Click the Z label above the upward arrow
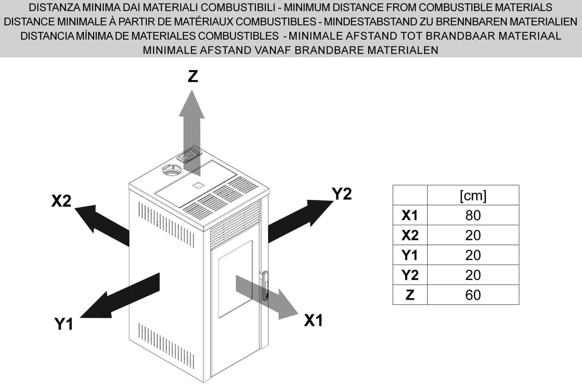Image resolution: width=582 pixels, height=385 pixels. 193,77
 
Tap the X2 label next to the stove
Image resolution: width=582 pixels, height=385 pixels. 61,201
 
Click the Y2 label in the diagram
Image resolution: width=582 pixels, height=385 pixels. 342,194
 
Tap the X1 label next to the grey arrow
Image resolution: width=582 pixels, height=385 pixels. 314,321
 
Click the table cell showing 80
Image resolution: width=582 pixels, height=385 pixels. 473,215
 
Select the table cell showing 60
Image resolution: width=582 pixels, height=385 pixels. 473,295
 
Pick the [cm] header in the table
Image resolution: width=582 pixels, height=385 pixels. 473,195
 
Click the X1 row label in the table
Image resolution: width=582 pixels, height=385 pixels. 410,215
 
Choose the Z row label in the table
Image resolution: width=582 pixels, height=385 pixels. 410,295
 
